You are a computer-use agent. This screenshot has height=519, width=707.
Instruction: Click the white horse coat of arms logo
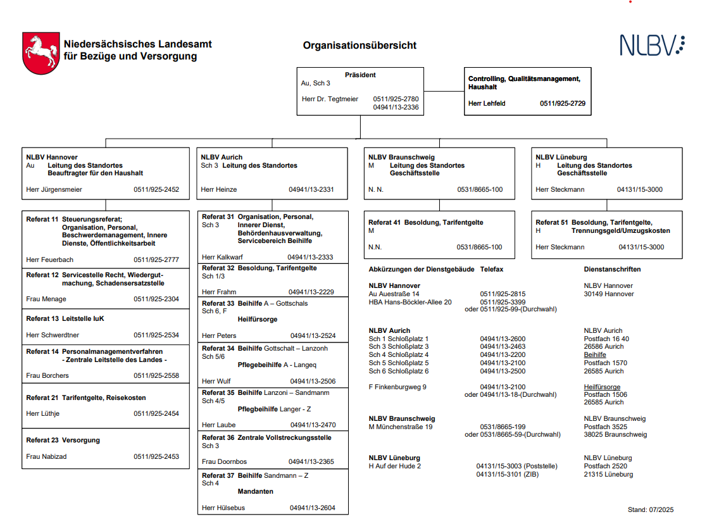(x=41, y=54)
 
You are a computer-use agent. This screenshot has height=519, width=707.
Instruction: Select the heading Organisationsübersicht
(x=360, y=46)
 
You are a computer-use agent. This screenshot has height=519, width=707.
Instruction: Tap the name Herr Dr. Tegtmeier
(x=330, y=99)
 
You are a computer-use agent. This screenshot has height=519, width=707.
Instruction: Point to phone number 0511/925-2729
(x=562, y=103)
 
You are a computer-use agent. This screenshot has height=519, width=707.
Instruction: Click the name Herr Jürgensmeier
(x=54, y=189)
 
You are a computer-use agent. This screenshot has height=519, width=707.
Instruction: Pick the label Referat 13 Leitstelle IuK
(x=65, y=318)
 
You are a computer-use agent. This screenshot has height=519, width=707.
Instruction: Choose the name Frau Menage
(x=46, y=299)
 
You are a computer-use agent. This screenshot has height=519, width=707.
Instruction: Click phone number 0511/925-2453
(x=156, y=456)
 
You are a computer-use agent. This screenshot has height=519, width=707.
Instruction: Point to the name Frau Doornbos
(x=223, y=461)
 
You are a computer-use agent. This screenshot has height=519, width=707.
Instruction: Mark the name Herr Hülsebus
(x=223, y=508)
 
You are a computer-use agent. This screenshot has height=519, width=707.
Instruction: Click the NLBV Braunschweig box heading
(x=401, y=157)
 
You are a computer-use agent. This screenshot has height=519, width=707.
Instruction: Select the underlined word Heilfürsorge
(x=602, y=387)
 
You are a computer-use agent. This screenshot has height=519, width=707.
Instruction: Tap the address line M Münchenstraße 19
(x=401, y=427)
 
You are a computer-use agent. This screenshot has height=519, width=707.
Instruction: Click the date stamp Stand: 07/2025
(x=650, y=509)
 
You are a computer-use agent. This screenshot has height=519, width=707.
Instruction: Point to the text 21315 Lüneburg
(x=608, y=474)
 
